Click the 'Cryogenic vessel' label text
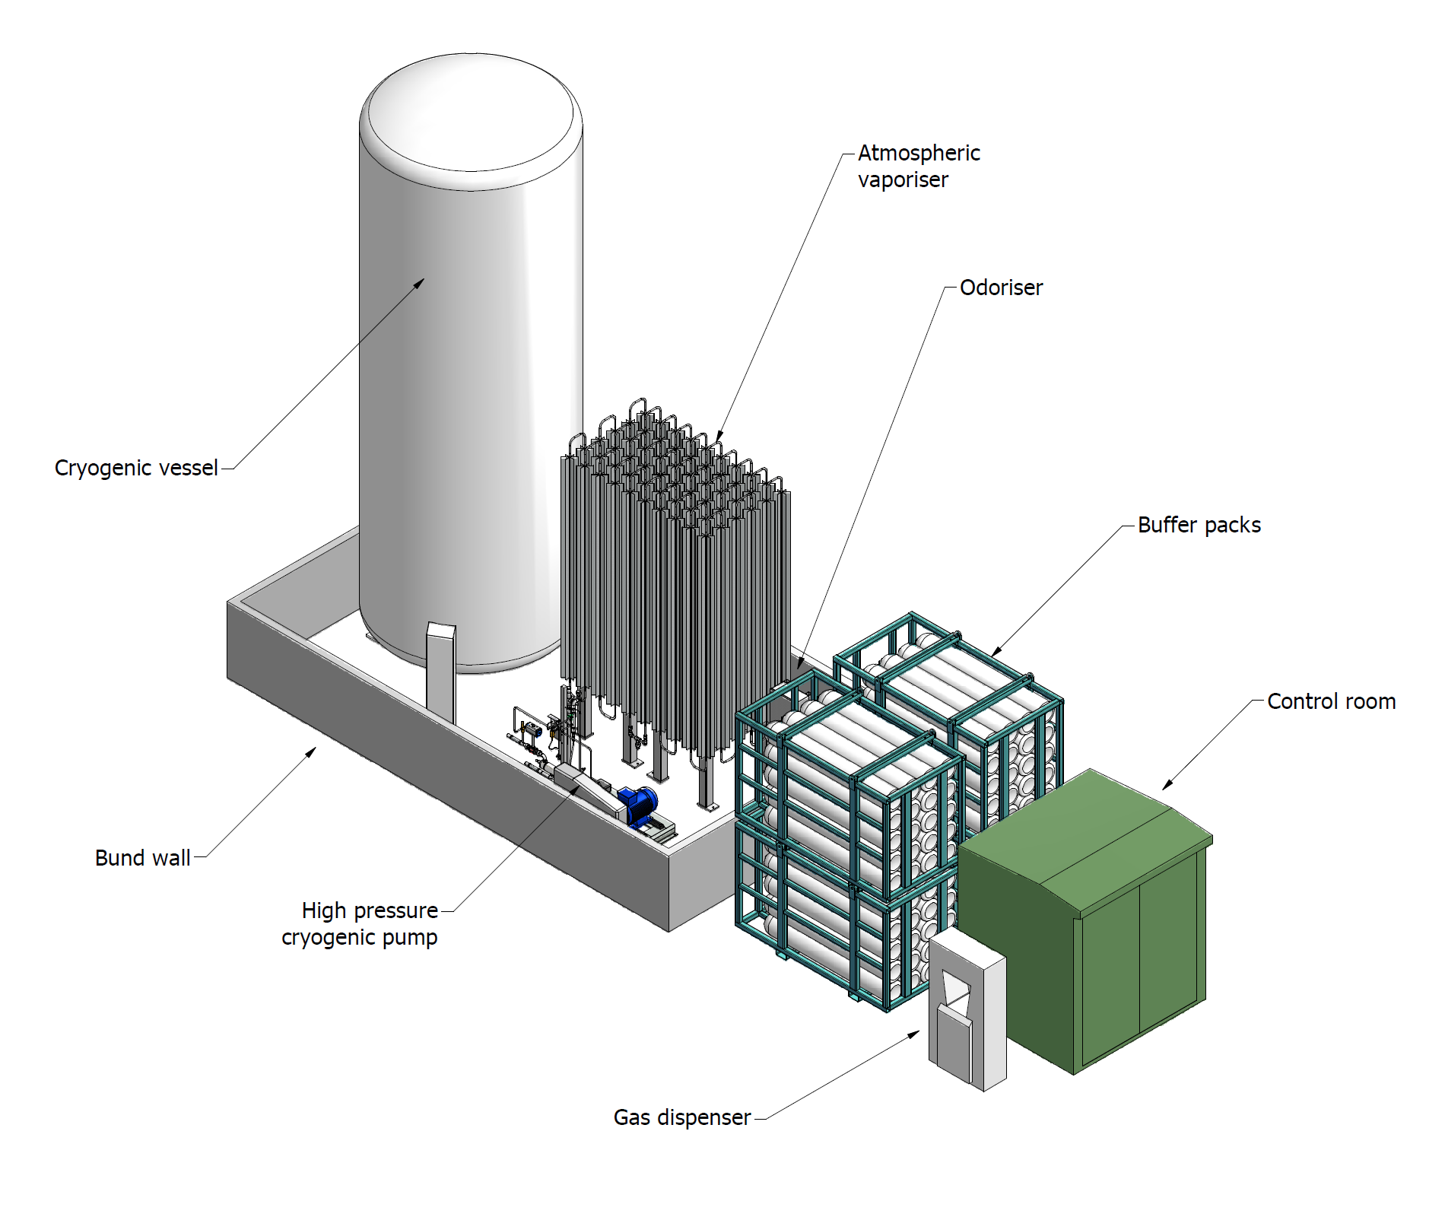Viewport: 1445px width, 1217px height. [136, 468]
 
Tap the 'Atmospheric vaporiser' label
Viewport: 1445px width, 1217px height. [919, 166]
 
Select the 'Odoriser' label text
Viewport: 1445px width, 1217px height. [1001, 288]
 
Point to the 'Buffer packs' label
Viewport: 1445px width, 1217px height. [1199, 525]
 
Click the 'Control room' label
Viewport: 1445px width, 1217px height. [1331, 701]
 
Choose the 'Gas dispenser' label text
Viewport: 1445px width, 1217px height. [682, 1117]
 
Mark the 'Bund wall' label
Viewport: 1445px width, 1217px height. [142, 858]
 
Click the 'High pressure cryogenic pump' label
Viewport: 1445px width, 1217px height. [360, 923]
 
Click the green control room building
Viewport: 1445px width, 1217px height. [1084, 920]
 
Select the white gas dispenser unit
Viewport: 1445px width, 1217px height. [967, 1012]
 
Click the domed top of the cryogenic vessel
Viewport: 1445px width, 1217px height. [472, 114]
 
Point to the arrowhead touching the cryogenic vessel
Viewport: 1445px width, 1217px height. [419, 284]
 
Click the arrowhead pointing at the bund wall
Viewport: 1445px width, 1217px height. [311, 752]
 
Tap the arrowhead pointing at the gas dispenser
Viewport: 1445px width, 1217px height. [914, 1034]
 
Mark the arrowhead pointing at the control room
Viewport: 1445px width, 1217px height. [1167, 784]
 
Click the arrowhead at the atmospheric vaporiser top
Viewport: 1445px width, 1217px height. [719, 436]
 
